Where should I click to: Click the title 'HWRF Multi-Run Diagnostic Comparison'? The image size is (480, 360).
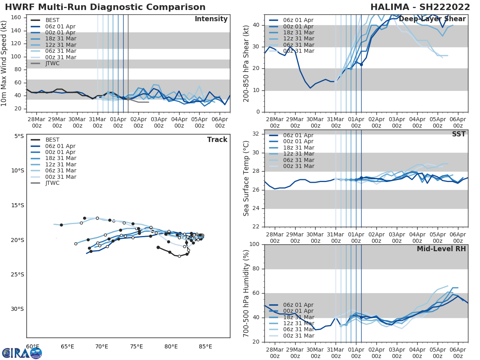pyautogui.click(x=105, y=7)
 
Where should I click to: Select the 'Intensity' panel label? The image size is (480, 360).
pyautogui.click(x=211, y=19)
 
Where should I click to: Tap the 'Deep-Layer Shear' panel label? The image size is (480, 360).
pyautogui.click(x=432, y=19)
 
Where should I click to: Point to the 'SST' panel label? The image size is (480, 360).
pyautogui.click(x=459, y=134)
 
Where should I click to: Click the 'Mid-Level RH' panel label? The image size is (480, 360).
pyautogui.click(x=441, y=249)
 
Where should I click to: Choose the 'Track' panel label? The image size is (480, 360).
pyautogui.click(x=217, y=140)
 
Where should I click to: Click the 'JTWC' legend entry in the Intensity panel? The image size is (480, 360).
pyautogui.click(x=52, y=63)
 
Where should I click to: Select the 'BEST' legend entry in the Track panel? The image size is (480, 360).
pyautogui.click(x=52, y=140)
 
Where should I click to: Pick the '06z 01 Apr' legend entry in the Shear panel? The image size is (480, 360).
pyautogui.click(x=298, y=20)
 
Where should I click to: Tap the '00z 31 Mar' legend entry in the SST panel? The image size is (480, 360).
pyautogui.click(x=298, y=166)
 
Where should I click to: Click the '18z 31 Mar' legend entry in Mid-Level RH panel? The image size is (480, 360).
pyautogui.click(x=298, y=317)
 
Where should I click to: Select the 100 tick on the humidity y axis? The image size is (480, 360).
pyautogui.click(x=254, y=244)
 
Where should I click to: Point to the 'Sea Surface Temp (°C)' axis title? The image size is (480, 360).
pyautogui.click(x=246, y=178)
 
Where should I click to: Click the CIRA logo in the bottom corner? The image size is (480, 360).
pyautogui.click(x=22, y=353)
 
